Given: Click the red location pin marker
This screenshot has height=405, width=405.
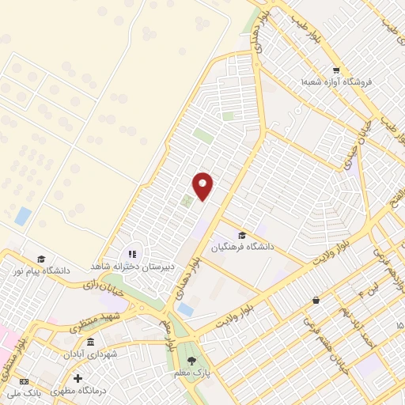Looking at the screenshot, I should [203, 185].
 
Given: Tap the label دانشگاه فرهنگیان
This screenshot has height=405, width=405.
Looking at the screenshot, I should [242, 247].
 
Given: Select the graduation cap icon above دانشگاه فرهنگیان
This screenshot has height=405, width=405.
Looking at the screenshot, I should [242, 236].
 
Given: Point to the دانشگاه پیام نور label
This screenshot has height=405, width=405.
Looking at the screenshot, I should [40, 270].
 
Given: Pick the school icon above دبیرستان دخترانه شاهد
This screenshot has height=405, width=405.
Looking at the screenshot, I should [132, 255].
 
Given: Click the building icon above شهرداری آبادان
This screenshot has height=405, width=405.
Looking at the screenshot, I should [91, 343].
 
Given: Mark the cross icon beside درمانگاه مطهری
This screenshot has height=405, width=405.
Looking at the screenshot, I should [78, 378].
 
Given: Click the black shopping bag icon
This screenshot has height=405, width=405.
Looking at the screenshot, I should [316, 301].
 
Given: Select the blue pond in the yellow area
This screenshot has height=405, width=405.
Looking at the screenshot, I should [23, 215].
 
